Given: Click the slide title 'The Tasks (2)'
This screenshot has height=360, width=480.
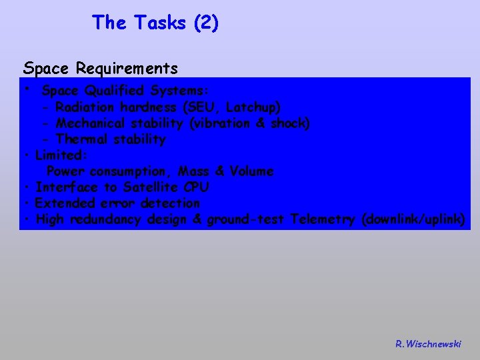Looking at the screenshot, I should [x=155, y=23].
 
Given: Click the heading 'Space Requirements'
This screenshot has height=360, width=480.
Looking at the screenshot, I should [x=100, y=68].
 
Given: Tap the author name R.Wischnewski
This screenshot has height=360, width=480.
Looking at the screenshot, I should [x=427, y=344].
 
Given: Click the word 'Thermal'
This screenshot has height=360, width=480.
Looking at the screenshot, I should [x=82, y=139].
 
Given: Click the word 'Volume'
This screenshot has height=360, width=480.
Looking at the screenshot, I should [x=251, y=171].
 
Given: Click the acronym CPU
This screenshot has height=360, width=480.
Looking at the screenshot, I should [x=197, y=187].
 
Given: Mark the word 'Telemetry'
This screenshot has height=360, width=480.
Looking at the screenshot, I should [x=323, y=219].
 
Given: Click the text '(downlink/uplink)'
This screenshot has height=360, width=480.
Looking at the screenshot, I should [x=413, y=219].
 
